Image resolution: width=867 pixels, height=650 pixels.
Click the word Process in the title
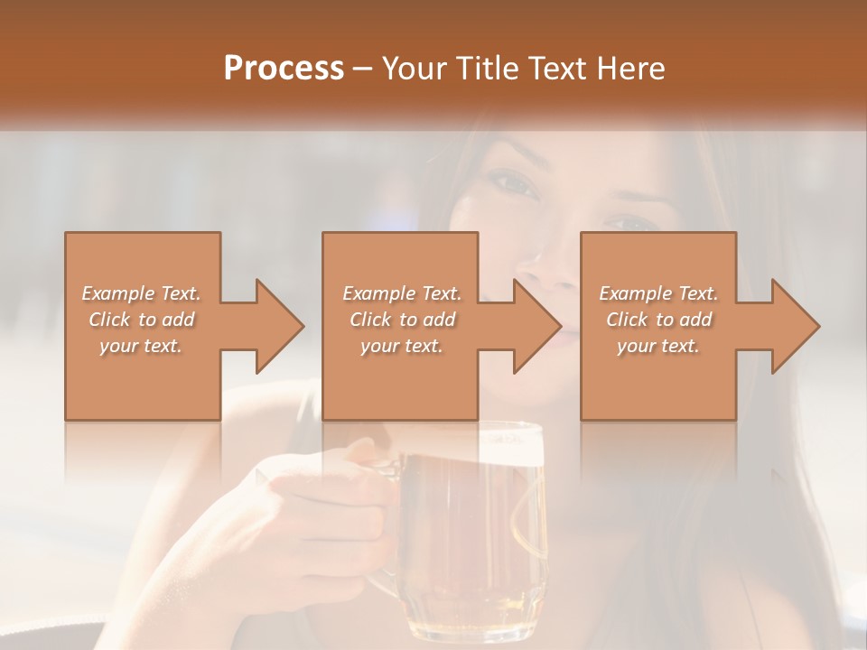pos(284,68)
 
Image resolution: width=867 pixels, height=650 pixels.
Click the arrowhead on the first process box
pos(280,326)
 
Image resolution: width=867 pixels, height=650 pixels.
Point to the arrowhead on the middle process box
pos(537,326)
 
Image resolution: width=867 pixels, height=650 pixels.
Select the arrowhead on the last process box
pos(796,326)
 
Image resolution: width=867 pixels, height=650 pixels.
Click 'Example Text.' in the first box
pos(142,293)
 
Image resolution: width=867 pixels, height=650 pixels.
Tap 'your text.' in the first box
pos(142,346)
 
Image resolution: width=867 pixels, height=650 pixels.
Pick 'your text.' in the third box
pos(658,346)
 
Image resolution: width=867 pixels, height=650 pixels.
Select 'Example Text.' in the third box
pos(658,293)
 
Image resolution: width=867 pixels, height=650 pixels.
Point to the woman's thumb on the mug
pos(361,451)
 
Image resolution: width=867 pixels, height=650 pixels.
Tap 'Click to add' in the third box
pos(658,320)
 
